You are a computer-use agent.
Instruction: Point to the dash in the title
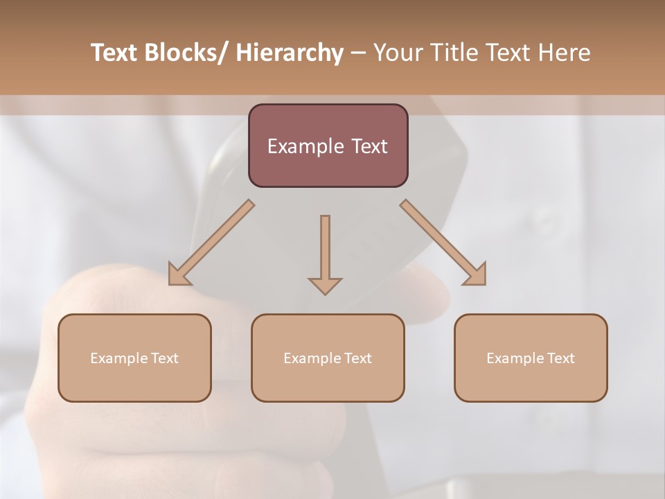[357, 53]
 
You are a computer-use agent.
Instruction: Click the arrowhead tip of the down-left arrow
[170, 283]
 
